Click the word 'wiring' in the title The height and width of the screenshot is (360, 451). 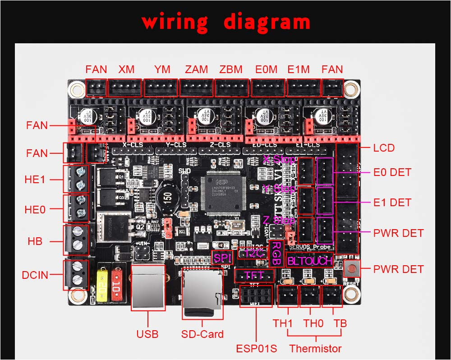[x=175, y=22]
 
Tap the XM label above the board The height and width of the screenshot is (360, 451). [x=126, y=69]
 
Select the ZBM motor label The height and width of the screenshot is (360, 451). [x=231, y=69]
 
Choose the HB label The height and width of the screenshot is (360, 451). [x=35, y=241]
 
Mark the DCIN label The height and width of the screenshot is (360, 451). [x=35, y=275]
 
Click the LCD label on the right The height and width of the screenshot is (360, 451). [x=384, y=148]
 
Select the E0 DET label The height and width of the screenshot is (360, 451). [x=392, y=172]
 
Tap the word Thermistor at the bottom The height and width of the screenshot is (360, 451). [x=315, y=348]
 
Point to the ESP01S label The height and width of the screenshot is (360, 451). [x=256, y=349]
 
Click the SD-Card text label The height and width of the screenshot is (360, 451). [x=202, y=334]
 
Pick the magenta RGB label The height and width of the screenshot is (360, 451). [x=276, y=253]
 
